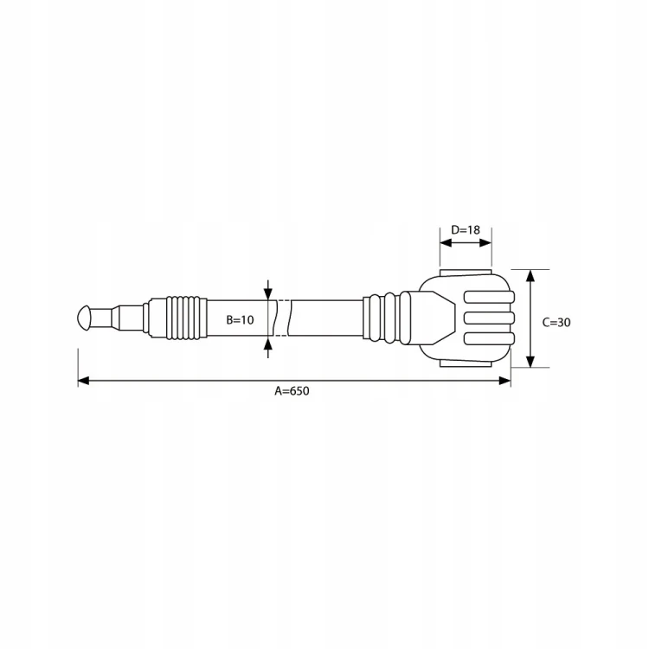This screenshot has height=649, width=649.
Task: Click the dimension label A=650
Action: point(292,391)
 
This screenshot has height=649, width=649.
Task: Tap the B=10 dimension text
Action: point(240,319)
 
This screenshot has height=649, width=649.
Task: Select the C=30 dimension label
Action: point(556,322)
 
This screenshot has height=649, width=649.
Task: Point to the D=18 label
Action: point(466,229)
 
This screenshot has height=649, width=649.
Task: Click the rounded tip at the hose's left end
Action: point(83,318)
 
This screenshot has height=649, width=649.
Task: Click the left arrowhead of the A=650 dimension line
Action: point(84,381)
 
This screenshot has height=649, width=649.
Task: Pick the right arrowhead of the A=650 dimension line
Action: point(505,381)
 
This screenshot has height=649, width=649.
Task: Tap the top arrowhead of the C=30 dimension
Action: point(530,275)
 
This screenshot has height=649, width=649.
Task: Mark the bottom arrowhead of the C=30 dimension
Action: point(530,362)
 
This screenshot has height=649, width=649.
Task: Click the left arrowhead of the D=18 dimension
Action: point(446,243)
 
